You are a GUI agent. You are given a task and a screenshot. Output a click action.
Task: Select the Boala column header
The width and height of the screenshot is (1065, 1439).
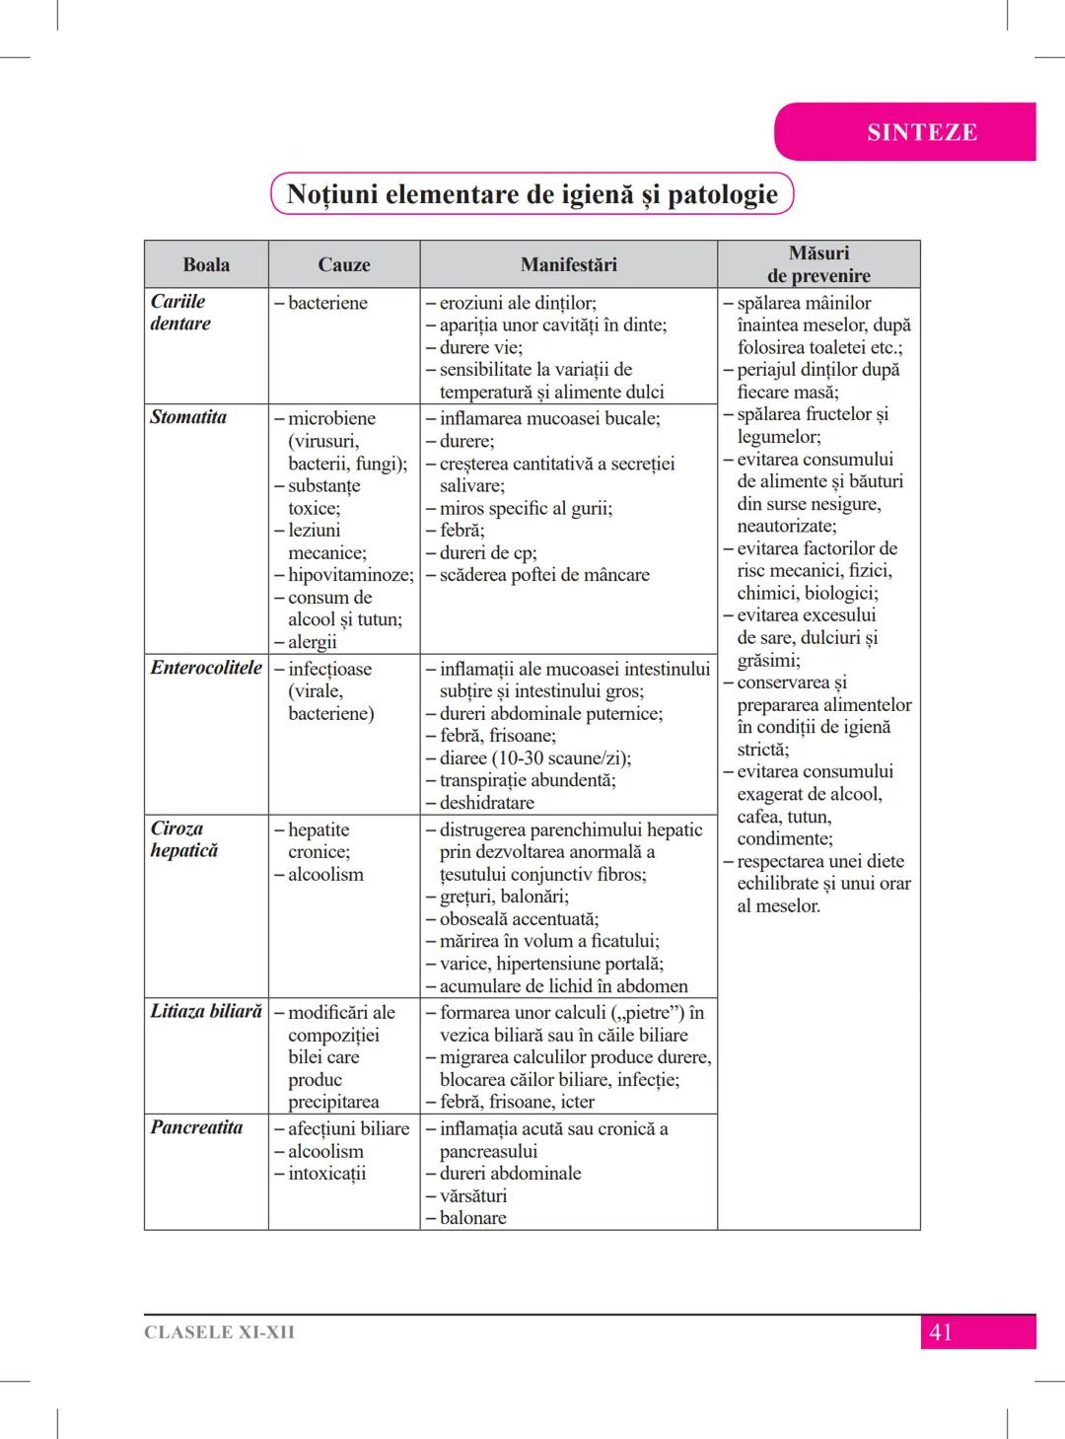click(x=206, y=264)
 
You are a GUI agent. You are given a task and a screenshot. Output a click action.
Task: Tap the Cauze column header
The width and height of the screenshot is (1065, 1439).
click(x=344, y=264)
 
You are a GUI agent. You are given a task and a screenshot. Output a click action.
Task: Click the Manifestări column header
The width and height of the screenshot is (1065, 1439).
click(x=568, y=264)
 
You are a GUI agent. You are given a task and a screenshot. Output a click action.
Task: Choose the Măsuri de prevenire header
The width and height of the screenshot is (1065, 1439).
click(x=818, y=264)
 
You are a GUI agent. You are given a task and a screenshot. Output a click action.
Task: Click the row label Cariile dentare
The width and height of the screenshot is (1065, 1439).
click(x=179, y=313)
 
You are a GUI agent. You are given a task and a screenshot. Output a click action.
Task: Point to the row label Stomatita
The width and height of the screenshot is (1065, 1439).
click(x=188, y=417)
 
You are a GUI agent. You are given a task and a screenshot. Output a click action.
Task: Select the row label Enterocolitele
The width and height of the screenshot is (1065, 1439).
click(x=206, y=668)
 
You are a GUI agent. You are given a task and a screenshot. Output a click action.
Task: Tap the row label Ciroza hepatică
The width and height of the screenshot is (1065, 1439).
click(x=183, y=839)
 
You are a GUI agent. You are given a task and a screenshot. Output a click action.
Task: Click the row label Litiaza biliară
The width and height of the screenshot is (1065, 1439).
click(x=206, y=1011)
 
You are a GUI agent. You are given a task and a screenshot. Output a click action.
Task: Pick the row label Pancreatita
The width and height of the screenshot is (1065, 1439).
click(x=196, y=1127)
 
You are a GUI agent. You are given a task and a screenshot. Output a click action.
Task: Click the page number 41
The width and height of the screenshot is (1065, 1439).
click(x=941, y=1332)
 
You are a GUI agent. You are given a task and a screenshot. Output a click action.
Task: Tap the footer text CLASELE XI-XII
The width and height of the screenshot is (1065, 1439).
click(x=219, y=1332)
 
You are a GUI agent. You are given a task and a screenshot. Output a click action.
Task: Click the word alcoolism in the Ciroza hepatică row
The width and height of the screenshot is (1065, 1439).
click(x=325, y=875)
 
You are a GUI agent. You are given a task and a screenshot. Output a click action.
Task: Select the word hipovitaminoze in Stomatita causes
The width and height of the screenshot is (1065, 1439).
click(x=350, y=575)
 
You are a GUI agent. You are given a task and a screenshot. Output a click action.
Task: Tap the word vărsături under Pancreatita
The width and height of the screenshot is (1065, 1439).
click(x=473, y=1195)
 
